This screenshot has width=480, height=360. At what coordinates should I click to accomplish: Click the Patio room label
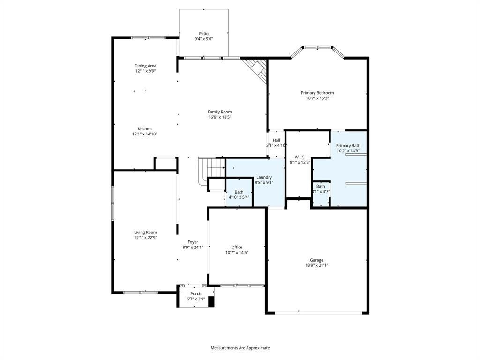203,34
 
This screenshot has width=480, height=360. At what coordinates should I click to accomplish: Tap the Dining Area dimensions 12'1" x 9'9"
145,71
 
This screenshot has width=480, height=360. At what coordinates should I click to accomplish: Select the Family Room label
220,112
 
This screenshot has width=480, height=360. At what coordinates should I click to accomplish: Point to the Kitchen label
144,128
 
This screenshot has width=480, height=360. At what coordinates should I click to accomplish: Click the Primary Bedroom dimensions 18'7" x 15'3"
317,98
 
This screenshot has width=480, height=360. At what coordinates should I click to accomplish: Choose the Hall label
277,140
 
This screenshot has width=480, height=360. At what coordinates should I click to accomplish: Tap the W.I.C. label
300,157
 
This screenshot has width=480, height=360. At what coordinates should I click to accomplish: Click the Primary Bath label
348,146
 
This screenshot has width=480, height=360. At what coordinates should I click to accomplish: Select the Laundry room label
264,177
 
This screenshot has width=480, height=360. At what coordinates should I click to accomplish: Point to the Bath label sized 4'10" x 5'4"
239,192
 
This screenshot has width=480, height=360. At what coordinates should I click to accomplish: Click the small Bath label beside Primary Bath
321,186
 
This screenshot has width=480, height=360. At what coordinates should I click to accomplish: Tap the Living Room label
145,232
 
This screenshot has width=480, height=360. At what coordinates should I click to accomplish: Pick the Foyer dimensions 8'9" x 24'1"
193,247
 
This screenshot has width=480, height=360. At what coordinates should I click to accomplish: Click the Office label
237,247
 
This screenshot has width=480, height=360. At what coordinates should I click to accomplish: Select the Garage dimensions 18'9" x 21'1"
316,265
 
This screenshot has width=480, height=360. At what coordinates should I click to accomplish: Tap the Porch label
196,294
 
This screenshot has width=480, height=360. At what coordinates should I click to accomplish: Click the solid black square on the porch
211,302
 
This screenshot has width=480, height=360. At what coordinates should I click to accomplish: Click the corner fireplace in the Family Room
255,70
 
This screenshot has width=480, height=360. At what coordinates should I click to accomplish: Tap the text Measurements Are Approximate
240,348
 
